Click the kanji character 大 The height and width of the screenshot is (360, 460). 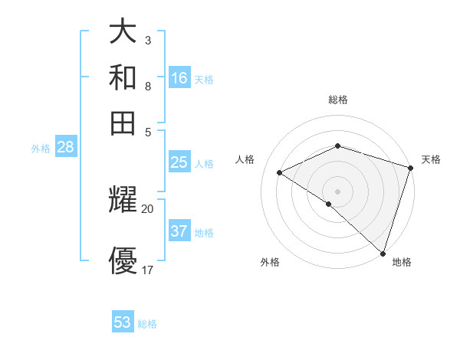tap(123, 32)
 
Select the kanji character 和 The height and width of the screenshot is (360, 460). tap(123, 77)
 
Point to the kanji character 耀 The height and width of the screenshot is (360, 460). tap(123, 201)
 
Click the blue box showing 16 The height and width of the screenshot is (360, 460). tap(179, 78)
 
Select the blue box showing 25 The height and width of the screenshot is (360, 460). tap(179, 162)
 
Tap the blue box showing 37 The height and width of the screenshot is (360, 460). tap(179, 231)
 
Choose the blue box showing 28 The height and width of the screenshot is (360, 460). tap(65, 148)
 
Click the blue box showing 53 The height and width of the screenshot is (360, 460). tap(123, 322)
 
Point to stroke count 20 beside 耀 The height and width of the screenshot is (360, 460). tap(148, 208)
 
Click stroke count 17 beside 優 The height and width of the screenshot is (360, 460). tap(148, 270)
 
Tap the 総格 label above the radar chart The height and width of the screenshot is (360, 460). tap(338, 100)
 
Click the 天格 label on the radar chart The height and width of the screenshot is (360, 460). tap(431, 159)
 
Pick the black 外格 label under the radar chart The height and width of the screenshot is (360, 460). tap(270, 263)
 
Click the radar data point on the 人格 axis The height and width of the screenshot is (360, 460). tap(280, 173)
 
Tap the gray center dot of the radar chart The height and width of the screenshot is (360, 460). tap(338, 191)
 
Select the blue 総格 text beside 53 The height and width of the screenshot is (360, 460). tap(147, 324)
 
